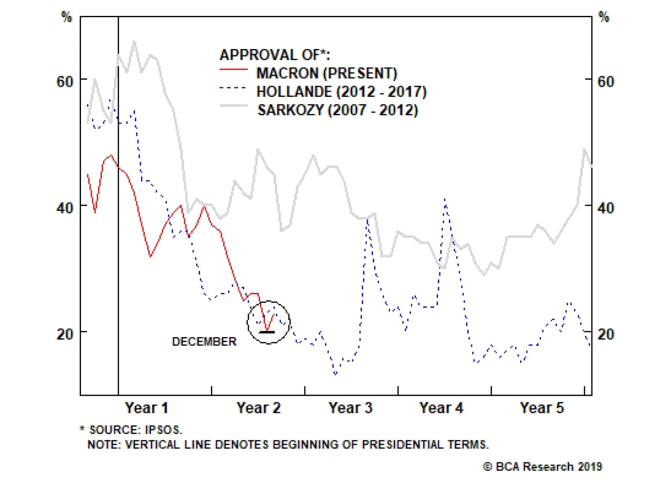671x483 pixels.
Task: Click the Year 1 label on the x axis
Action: point(146,408)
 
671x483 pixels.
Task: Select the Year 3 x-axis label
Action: point(350,408)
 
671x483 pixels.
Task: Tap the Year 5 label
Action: point(542,408)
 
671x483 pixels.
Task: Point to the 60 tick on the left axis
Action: point(65,81)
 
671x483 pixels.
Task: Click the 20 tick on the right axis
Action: point(606,334)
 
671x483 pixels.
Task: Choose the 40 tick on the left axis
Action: point(65,208)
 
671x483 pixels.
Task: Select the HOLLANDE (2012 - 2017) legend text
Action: point(341,91)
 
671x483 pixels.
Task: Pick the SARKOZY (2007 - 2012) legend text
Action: point(338,110)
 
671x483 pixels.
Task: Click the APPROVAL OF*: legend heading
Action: point(275,55)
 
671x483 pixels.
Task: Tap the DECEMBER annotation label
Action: point(204,341)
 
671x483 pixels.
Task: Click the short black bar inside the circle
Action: point(267,332)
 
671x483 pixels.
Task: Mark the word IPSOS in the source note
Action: point(163,430)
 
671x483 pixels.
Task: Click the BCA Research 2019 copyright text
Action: point(543,467)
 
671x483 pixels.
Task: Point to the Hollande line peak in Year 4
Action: point(445,200)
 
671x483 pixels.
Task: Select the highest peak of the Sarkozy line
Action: point(134,41)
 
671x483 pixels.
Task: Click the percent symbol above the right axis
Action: point(603,17)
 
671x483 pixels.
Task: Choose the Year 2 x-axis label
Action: point(258,408)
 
